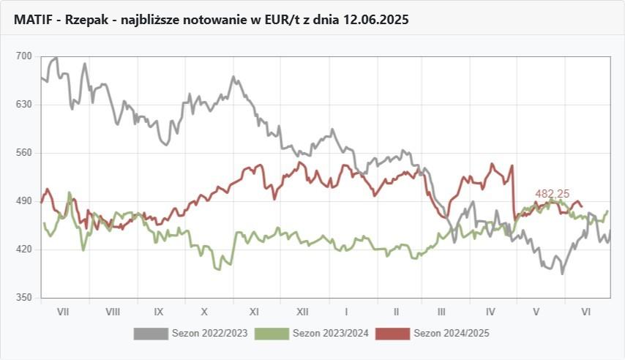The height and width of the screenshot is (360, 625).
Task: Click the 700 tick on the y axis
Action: [x=24, y=56]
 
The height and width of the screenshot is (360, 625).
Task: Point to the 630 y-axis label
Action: [x=24, y=105]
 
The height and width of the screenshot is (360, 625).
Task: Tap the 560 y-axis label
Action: [x=24, y=153]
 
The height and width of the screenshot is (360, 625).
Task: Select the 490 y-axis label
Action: [x=24, y=201]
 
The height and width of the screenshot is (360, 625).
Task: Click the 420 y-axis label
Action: [x=24, y=250]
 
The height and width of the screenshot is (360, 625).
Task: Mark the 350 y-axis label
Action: [x=24, y=298]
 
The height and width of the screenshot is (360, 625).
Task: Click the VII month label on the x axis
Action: [x=63, y=311]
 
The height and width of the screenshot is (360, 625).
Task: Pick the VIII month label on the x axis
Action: [x=113, y=311]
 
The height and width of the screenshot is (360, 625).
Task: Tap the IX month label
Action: [x=159, y=311]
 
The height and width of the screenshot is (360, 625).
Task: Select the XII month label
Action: [x=302, y=311]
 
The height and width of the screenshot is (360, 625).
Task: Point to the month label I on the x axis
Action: [x=347, y=311]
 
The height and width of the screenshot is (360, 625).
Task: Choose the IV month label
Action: [x=490, y=311]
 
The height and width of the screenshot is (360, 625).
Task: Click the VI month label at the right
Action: [x=585, y=311]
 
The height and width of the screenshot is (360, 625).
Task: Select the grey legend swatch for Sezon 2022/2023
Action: [x=150, y=334]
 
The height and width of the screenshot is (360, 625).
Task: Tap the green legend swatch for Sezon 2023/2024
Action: [x=271, y=334]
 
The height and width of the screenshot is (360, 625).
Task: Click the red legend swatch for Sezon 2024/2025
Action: [x=392, y=334]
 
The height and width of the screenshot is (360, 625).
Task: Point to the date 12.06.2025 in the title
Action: [x=378, y=20]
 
